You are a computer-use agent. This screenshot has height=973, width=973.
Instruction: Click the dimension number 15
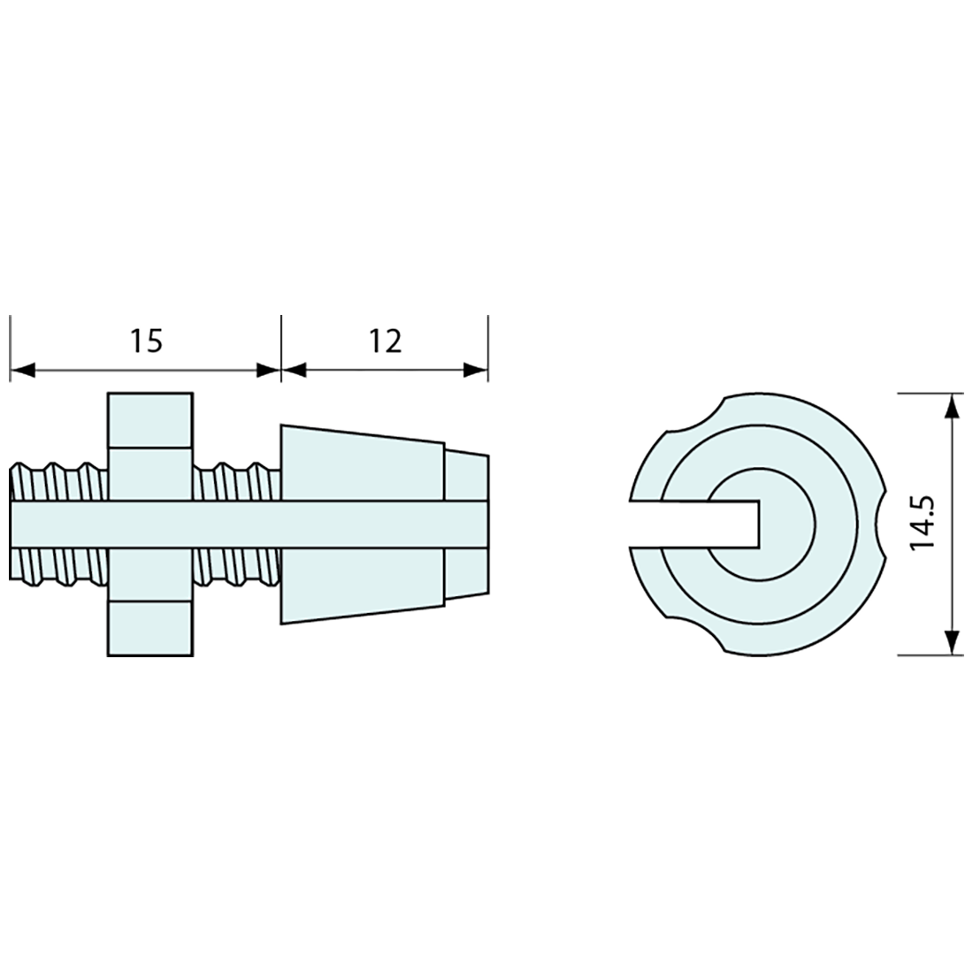pos(146,341)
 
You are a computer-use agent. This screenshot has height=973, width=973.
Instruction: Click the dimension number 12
pos(386,341)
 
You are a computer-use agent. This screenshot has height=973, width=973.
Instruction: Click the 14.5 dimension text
pos(923,522)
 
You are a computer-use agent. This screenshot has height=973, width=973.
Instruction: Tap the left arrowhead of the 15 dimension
pos(22,371)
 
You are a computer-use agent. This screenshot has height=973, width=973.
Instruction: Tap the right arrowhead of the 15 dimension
pos(268,371)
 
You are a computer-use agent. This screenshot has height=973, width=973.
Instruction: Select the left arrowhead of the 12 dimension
pos(295,371)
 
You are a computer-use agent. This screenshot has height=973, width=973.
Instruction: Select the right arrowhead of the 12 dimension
pos(475,371)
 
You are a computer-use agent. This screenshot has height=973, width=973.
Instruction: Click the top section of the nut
pos(150,419)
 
